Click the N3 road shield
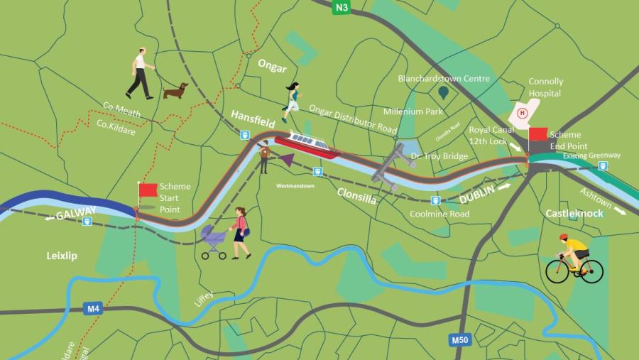342,8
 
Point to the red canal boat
306,144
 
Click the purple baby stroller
214,242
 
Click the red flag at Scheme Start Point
148,190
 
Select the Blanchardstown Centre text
444,79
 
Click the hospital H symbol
523,112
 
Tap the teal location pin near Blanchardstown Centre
444,92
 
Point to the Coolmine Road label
439,214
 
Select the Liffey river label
203,299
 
